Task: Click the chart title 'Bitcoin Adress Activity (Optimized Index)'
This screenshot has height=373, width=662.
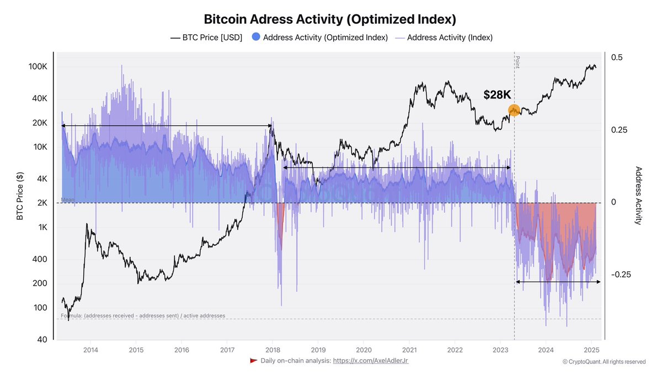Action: point(330,19)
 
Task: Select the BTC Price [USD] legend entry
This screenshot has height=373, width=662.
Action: point(206,38)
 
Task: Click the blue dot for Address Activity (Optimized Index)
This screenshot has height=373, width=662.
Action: point(255,38)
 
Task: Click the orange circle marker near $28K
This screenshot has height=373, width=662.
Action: point(514,111)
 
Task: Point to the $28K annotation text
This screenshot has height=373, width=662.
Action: point(497,95)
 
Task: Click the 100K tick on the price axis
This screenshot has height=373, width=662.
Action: point(39,67)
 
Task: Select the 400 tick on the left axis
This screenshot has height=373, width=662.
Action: point(41,259)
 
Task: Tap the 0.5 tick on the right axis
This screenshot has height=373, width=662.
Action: point(617,57)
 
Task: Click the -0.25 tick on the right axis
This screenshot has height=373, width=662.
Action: point(621,275)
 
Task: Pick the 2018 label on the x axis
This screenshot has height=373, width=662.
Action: point(273,350)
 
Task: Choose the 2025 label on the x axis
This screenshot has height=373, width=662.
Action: point(591,350)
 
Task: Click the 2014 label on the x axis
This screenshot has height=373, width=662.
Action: point(90,350)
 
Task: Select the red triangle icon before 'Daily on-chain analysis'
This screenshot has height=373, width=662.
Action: point(254,361)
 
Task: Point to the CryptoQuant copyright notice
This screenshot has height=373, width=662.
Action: point(604,361)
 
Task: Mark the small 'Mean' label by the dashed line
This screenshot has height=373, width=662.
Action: point(67,200)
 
